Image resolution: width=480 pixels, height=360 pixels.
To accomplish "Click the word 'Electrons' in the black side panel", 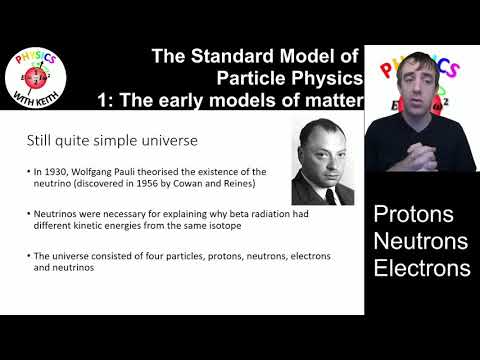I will [x=421, y=268].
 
